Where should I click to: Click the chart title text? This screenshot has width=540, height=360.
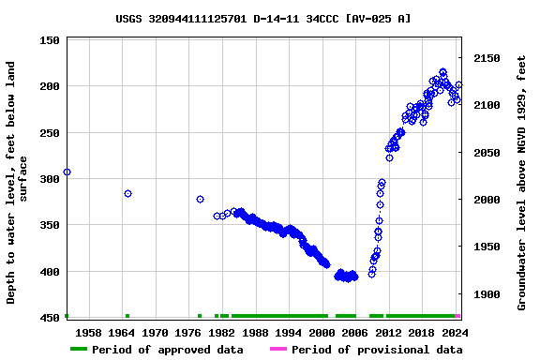pyautogui.click(x=263, y=18)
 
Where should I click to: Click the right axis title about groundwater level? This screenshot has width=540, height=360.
pyautogui.click(x=521, y=182)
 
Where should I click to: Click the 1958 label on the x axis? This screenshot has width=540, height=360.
pyautogui.click(x=88, y=333)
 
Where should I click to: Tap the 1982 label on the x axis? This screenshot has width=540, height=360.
pyautogui.click(x=221, y=333)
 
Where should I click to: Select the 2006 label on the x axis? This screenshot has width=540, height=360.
pyautogui.click(x=354, y=333)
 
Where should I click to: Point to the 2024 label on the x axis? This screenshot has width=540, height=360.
pyautogui.click(x=454, y=333)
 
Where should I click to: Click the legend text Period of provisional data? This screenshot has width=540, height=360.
pyautogui.click(x=376, y=350)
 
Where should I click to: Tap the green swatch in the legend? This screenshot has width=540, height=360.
pyautogui.click(x=79, y=350)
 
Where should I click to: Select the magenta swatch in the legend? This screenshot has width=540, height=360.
pyautogui.click(x=277, y=350)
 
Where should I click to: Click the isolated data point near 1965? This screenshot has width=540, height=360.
pyautogui.click(x=127, y=193)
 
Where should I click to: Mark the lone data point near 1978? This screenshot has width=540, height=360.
pyautogui.click(x=200, y=199)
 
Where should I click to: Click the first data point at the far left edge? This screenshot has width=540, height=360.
pyautogui.click(x=67, y=172)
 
